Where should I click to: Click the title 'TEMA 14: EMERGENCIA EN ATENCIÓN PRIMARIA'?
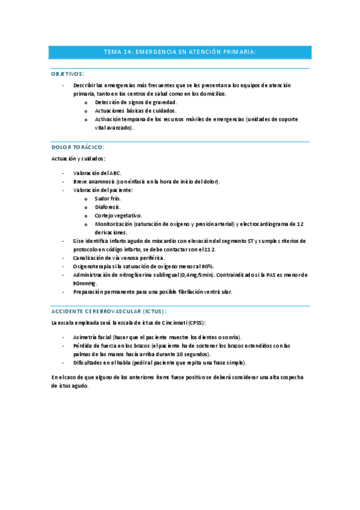click(x=180, y=52)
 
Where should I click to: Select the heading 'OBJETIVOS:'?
click(x=67, y=73)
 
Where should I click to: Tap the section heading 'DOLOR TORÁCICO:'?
click(x=78, y=147)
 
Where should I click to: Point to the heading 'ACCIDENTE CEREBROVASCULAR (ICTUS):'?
click(x=109, y=311)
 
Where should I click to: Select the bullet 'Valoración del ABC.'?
click(x=97, y=173)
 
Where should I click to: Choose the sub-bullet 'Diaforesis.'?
click(x=108, y=206)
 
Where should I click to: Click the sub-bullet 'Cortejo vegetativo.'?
click(x=118, y=215)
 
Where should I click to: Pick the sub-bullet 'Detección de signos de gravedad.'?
click(x=135, y=102)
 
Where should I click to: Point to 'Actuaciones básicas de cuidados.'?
click(x=135, y=111)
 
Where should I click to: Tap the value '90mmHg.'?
click(x=85, y=283)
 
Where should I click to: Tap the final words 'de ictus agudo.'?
click(x=70, y=386)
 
